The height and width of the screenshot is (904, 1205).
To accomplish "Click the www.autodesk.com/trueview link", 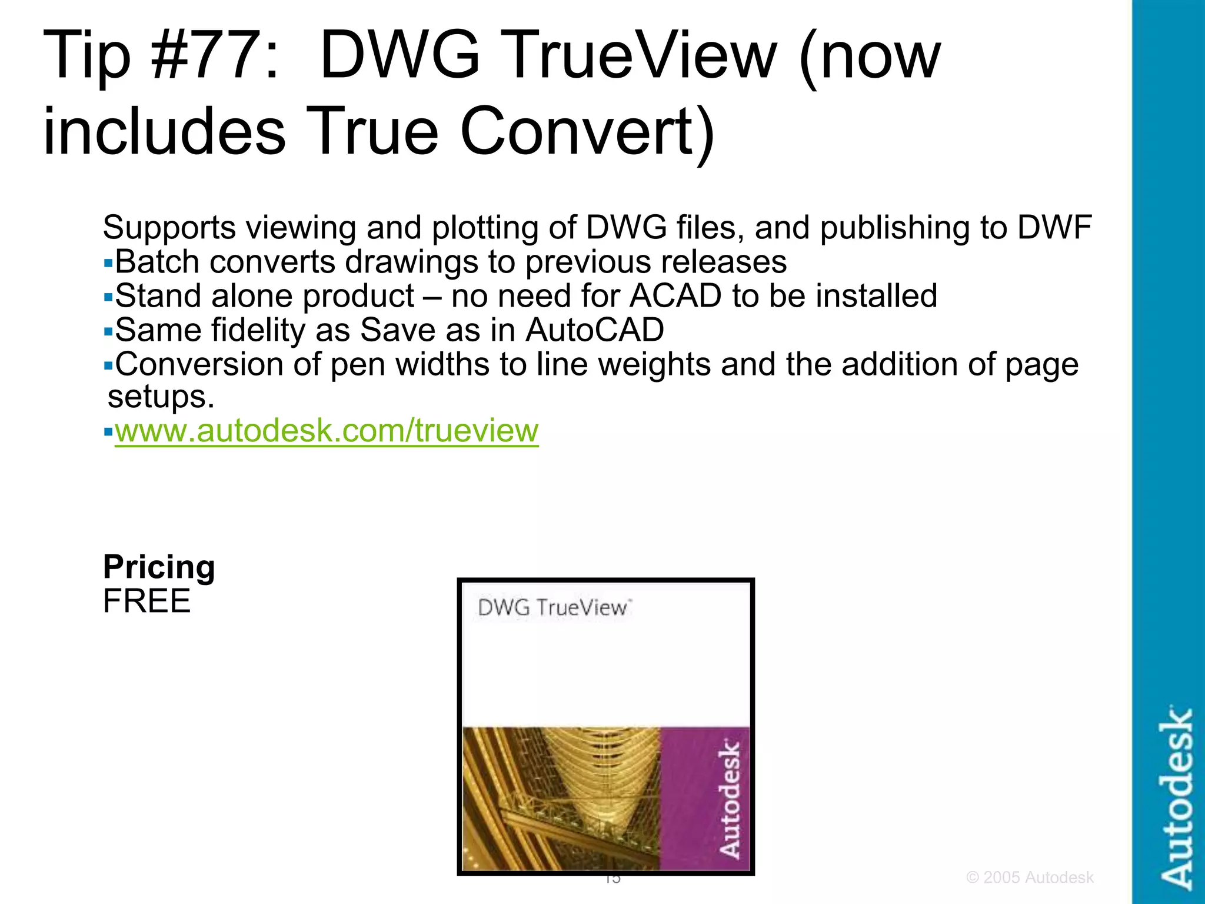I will pos(327,431).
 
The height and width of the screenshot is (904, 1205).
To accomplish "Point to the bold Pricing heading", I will pos(159,567).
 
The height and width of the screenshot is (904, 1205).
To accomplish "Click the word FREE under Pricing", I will pos(147,601).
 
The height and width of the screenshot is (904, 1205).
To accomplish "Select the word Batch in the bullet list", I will pos(157,262).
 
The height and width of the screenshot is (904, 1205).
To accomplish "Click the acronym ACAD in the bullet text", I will pos(675,296).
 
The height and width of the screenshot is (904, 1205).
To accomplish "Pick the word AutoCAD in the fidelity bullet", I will pos(595,330).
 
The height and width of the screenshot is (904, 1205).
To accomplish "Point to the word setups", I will pos(161,397).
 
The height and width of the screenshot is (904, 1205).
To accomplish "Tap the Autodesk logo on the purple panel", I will pos(730,799).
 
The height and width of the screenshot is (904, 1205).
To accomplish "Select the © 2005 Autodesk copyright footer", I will pos(1030,878).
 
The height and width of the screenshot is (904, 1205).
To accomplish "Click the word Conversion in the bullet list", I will pos(199,364).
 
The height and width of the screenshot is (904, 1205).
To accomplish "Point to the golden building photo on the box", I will pos(562,799).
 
